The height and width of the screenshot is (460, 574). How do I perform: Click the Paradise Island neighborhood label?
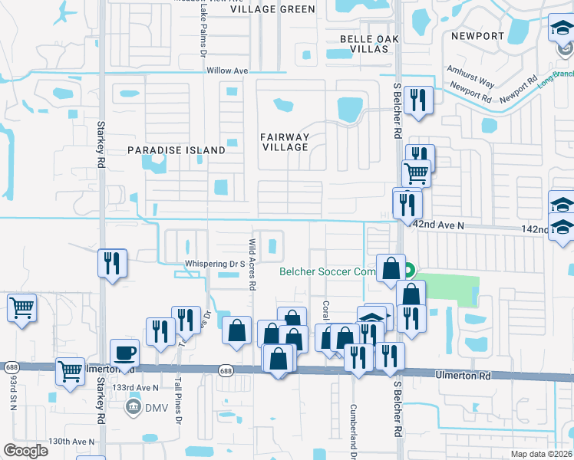pyautogui.click(x=176, y=150)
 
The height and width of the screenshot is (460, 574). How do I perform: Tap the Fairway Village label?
pyautogui.click(x=285, y=142)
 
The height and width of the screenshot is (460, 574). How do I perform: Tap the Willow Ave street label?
pyautogui.click(x=228, y=71)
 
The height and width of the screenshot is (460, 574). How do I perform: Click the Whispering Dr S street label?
pyautogui.click(x=214, y=264)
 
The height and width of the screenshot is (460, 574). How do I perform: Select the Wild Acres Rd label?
pyautogui.click(x=251, y=264)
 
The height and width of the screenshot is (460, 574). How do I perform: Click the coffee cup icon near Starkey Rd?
pyautogui.click(x=124, y=353)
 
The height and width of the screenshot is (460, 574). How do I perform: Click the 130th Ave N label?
pyautogui.click(x=71, y=442)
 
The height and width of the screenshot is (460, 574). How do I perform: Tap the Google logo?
pyautogui.click(x=25, y=451)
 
